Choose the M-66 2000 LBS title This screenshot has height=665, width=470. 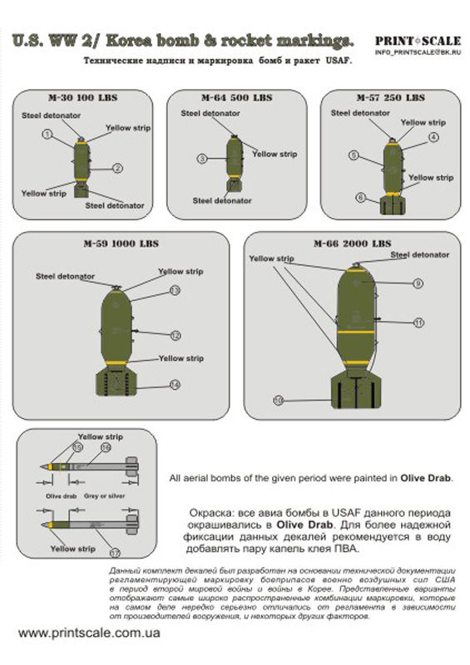(x=352, y=244)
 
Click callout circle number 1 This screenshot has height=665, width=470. (x=47, y=134)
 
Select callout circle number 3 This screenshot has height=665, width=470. (x=201, y=158)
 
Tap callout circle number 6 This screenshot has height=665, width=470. (x=360, y=198)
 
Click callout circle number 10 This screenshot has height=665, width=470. (x=279, y=401)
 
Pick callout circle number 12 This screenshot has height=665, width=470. (x=176, y=336)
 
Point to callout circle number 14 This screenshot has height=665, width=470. (x=175, y=384)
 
